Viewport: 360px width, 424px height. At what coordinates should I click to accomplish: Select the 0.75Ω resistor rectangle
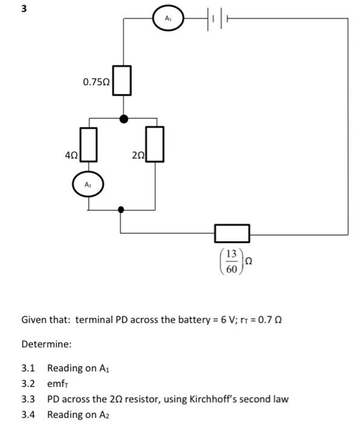(x=123, y=81)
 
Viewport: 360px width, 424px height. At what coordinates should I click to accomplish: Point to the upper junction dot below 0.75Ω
(x=123, y=119)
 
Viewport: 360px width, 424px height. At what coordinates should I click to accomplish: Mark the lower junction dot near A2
(x=121, y=210)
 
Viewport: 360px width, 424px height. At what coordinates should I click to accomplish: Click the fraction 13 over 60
(x=231, y=261)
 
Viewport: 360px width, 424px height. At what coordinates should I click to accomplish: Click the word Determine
(x=47, y=344)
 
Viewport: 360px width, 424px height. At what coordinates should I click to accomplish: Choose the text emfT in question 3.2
(x=60, y=383)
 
